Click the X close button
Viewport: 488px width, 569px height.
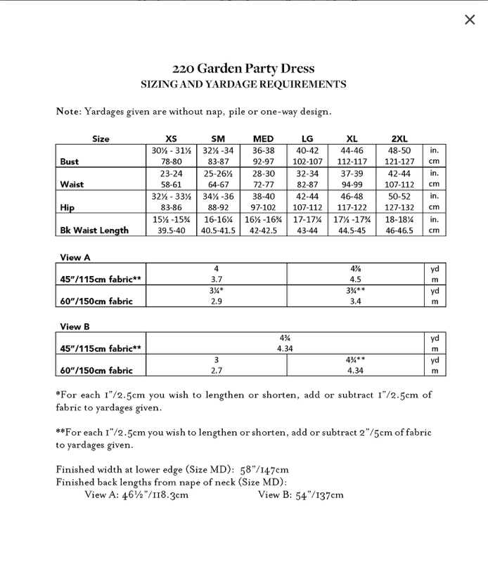coord(470,20)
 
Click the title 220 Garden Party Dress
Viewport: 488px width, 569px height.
coord(243,69)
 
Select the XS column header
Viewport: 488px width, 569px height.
coord(171,139)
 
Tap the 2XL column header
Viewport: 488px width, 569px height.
coord(399,139)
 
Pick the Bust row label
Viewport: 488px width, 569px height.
coord(70,162)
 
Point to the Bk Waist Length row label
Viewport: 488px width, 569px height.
coord(94,230)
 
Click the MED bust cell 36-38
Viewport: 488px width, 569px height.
coord(263,150)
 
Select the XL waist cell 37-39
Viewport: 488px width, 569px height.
coord(352,174)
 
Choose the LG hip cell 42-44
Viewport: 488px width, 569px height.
coord(307,196)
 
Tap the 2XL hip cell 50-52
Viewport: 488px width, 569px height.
coord(399,196)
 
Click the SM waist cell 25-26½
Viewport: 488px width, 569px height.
coord(217,174)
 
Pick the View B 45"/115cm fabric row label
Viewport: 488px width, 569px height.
coord(101,348)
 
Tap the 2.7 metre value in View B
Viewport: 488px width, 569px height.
coord(217,370)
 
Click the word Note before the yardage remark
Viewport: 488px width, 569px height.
coord(68,112)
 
